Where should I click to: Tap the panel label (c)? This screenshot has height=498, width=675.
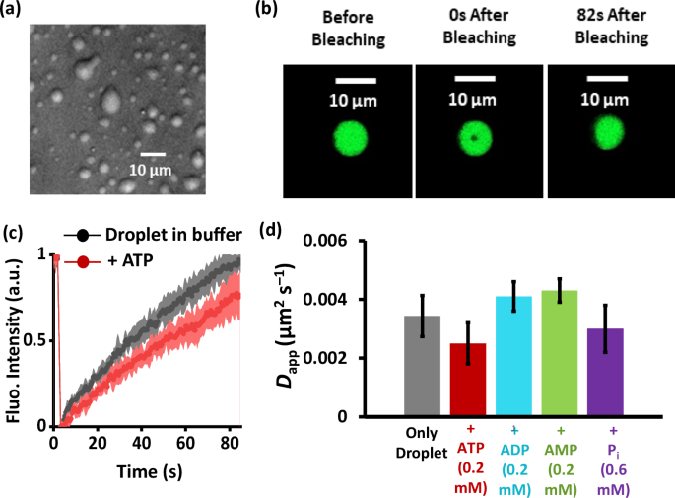coord(16,233)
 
